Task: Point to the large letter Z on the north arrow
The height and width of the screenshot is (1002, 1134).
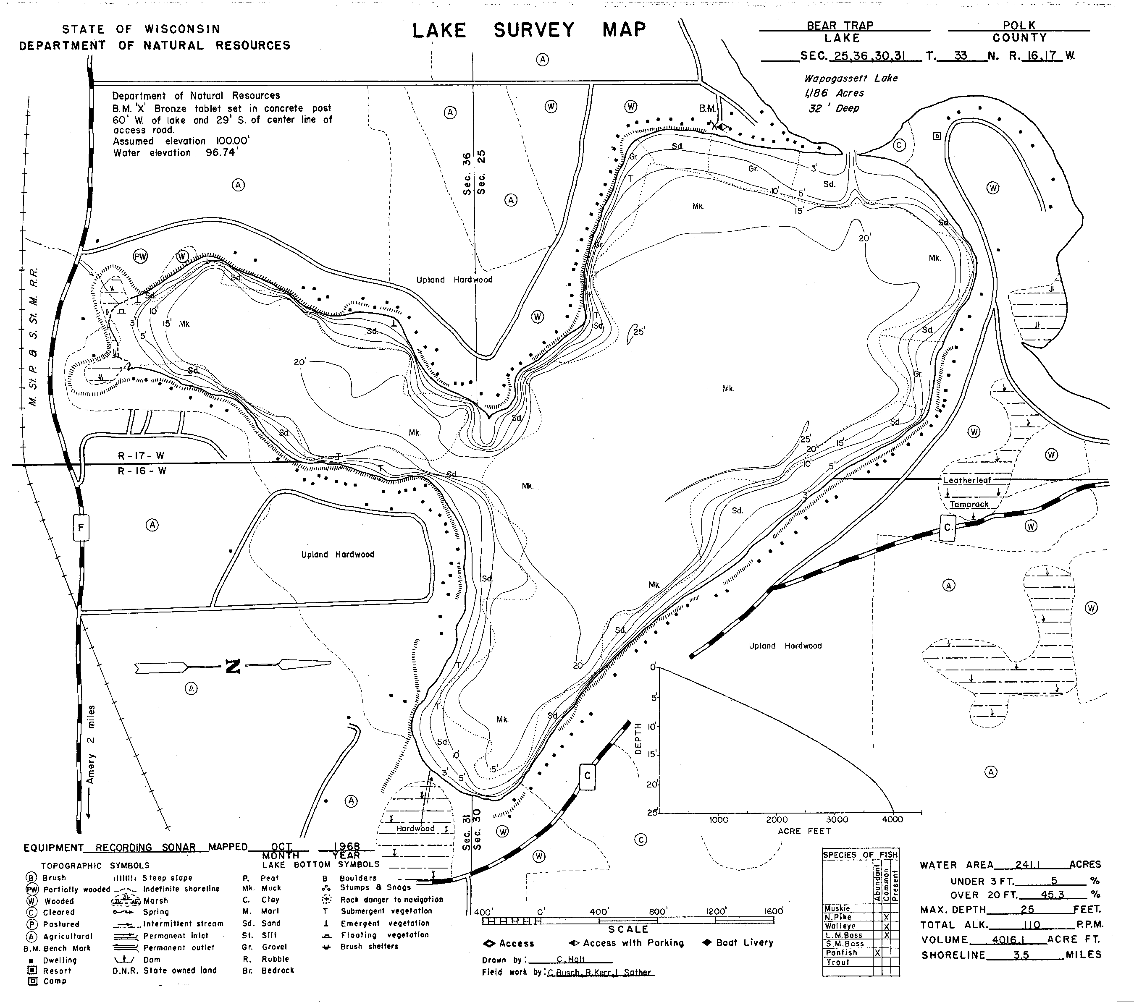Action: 233,667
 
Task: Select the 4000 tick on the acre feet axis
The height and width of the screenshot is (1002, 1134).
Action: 892,819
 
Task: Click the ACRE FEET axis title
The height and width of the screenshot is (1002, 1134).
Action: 804,831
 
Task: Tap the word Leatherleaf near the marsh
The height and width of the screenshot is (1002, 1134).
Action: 967,480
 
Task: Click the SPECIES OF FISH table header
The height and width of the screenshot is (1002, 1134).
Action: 860,855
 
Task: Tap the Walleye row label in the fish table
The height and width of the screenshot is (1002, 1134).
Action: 840,926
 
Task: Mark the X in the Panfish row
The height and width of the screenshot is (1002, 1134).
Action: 878,952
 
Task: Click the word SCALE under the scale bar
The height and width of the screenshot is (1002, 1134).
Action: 628,929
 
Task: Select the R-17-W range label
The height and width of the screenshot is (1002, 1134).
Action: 141,456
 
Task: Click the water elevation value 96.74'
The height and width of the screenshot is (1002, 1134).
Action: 221,152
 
